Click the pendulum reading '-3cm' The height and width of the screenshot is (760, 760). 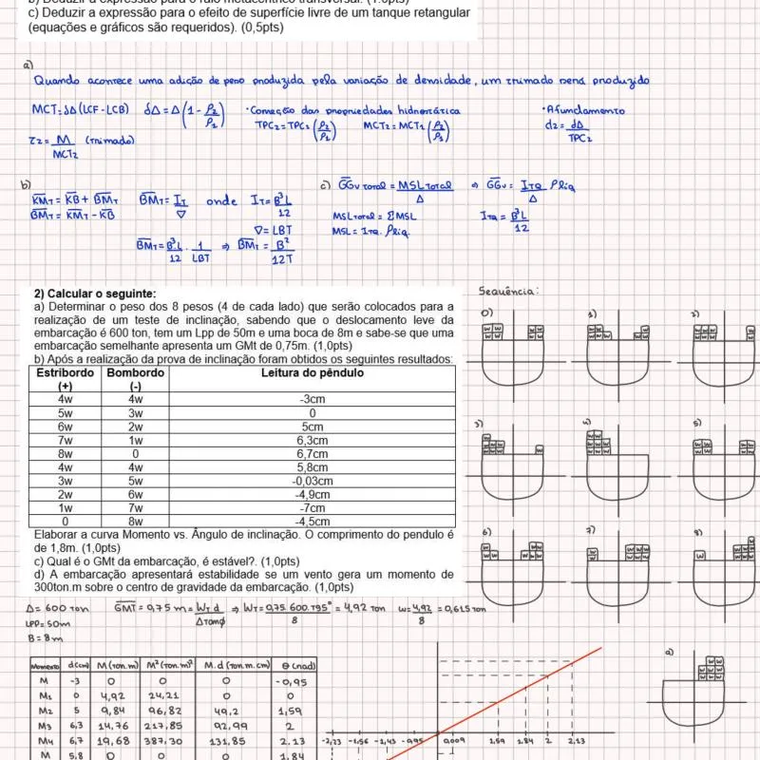click(313, 400)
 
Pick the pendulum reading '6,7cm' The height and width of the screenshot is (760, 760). click(313, 454)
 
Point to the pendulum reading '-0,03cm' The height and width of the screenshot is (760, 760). click(313, 481)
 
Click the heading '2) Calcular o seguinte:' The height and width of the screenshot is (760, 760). click(95, 294)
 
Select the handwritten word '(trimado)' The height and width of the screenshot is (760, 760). click(109, 141)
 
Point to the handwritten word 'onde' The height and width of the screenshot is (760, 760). click(222, 200)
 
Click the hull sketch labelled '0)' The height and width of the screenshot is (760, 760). click(513, 347)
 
